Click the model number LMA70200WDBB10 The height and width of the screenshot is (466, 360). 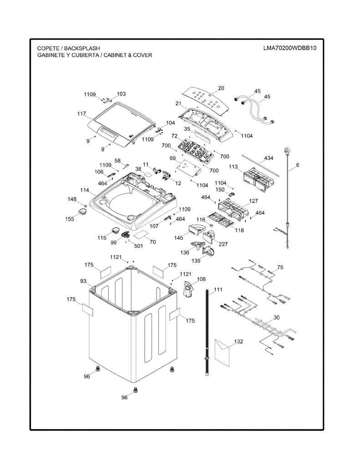pos(289,48)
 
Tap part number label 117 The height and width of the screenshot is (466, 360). pos(81,113)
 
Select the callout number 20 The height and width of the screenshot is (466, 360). pos(221,88)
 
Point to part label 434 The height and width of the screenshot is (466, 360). pos(269,158)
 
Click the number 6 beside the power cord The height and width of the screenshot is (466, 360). pos(298,165)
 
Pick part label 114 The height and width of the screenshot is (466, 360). pos(85,190)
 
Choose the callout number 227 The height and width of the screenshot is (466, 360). pos(223,244)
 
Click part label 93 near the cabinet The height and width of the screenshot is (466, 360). pos(83,281)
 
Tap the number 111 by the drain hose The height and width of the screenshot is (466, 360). pos(218,289)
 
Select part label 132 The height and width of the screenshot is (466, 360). pos(238,341)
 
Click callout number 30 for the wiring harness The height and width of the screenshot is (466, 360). pos(276,317)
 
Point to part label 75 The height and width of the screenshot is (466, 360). pos(280,267)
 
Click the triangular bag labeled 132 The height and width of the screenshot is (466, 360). pos(222,352)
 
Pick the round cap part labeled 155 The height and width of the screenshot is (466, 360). pos(82,212)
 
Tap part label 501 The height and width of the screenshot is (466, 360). pos(138,246)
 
